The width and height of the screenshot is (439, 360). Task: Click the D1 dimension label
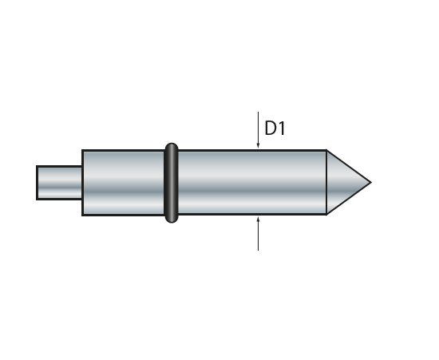pyautogui.click(x=275, y=129)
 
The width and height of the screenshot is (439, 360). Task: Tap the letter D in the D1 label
pyautogui.click(x=270, y=129)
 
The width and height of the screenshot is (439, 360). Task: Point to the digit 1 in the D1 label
pyautogui.click(x=282, y=129)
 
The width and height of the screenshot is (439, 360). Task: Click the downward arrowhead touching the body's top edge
pyautogui.click(x=258, y=144)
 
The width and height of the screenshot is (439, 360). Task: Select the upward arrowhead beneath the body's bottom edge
pyautogui.click(x=258, y=220)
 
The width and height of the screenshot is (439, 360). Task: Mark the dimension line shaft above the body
pyautogui.click(x=258, y=129)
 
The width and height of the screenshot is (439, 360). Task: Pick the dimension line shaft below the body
pyautogui.click(x=258, y=233)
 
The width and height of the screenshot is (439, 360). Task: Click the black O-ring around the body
pyautogui.click(x=172, y=183)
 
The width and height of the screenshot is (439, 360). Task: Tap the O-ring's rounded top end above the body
pyautogui.click(x=172, y=146)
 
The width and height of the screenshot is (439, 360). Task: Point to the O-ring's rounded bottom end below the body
pyautogui.click(x=172, y=220)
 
